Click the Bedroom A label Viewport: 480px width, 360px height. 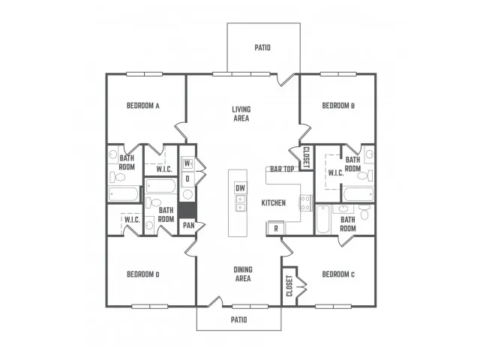point(143,106)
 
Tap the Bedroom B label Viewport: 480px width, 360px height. point(338,106)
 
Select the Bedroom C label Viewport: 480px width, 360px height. point(338,274)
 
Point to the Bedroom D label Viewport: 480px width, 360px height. point(143,274)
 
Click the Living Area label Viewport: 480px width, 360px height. point(241,113)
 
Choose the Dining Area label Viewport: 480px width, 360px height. point(243,274)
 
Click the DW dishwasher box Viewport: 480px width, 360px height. point(240,188)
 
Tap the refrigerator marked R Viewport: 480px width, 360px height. point(276,228)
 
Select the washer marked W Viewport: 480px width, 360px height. point(187,163)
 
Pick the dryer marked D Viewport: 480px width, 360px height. point(187,178)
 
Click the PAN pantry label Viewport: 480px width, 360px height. point(188,226)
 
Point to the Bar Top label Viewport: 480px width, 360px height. point(282,169)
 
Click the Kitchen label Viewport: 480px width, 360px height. point(273,203)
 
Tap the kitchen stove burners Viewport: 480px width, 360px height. point(305,203)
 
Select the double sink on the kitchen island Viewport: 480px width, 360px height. point(240,203)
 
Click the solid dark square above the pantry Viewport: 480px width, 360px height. point(187,210)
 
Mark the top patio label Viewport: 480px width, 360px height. point(262,48)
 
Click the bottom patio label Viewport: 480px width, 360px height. point(238,320)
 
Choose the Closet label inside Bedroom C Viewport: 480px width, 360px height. point(289,286)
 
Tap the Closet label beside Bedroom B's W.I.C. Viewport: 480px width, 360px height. point(307,157)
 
